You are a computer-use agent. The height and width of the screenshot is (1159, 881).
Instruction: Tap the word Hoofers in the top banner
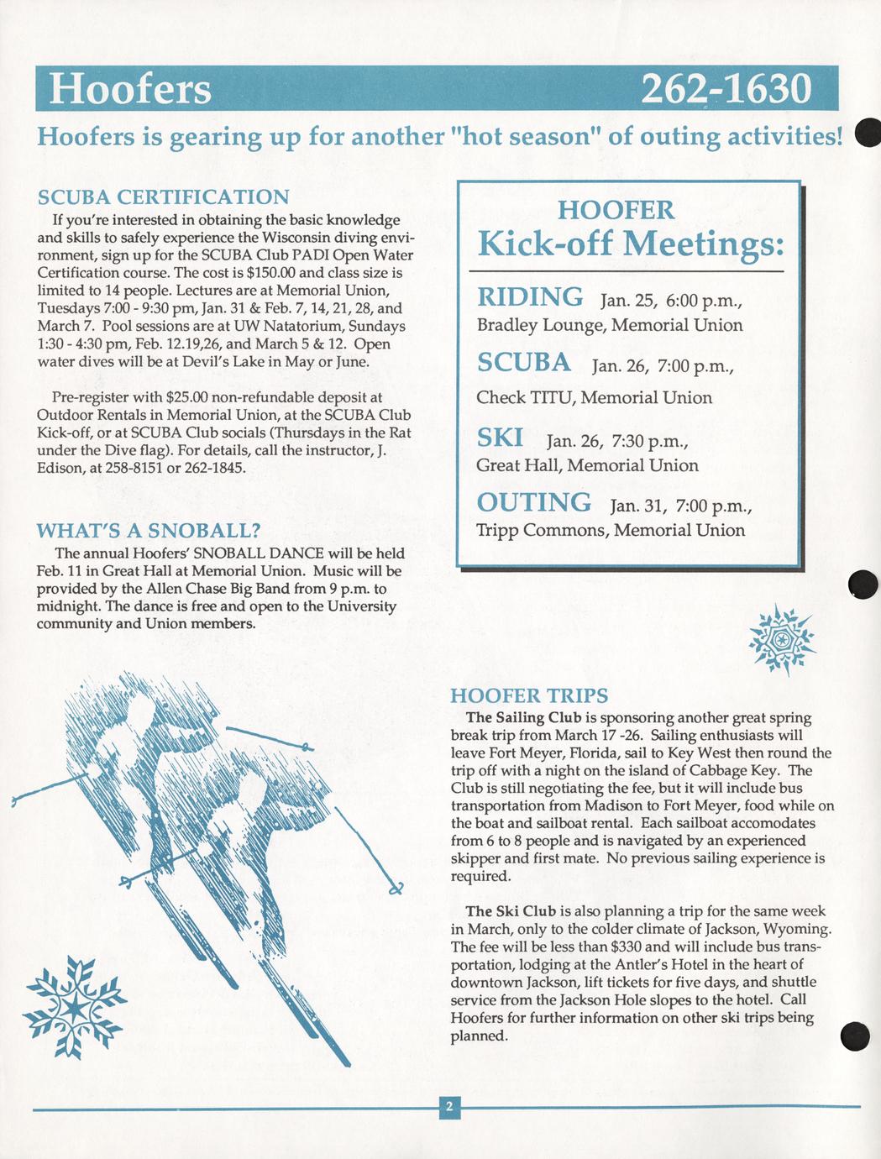pos(130,89)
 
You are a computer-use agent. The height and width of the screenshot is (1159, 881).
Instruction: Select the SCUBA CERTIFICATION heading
pos(164,197)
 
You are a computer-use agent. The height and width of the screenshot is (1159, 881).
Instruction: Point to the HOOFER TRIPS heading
pos(529,695)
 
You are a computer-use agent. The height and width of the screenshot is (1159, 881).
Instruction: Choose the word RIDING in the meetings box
pos(530,297)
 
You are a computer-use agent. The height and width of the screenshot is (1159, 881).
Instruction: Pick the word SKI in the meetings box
pos(500,438)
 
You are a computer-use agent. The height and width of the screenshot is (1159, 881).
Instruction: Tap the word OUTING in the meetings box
pos(534,502)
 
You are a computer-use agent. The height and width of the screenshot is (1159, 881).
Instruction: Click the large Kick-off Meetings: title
pos(631,244)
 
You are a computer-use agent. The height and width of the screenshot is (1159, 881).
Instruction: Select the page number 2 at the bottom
pos(449,1108)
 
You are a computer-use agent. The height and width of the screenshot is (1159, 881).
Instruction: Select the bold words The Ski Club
pos(511,911)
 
